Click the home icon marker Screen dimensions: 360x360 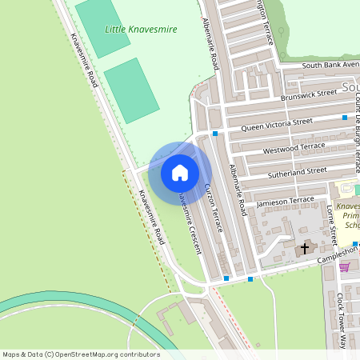180,172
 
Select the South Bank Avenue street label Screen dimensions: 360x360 330,65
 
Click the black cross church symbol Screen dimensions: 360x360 305,248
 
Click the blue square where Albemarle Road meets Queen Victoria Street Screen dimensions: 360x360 215,134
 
